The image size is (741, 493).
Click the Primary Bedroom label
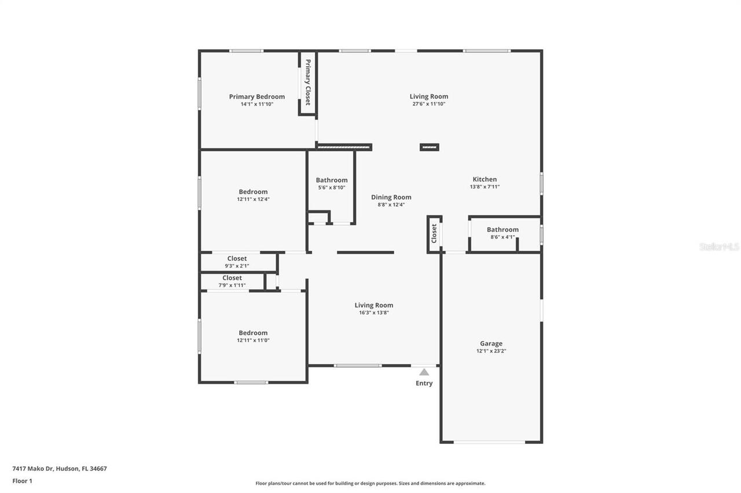(256, 97)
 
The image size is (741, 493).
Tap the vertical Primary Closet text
(308, 81)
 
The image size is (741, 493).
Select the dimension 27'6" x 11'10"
(428, 104)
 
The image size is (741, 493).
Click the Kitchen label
(485, 179)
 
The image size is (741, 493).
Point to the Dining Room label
(391, 197)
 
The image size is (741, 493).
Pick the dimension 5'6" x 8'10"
(332, 187)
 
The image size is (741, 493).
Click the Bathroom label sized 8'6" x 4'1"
(502, 229)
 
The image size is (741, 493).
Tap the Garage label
(491, 343)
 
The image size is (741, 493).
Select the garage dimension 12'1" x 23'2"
(491, 351)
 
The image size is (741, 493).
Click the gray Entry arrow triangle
(424, 372)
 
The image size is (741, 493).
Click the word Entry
(424, 383)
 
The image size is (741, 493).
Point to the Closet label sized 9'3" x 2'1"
(237, 258)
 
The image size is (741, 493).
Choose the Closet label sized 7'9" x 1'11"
(232, 277)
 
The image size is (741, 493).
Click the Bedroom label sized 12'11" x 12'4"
(253, 192)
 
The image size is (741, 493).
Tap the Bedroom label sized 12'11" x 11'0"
(253, 333)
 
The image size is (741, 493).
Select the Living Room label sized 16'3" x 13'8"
(373, 305)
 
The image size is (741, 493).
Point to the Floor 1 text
(22, 481)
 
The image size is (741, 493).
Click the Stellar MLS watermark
(719, 246)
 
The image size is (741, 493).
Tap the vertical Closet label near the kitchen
(434, 233)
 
